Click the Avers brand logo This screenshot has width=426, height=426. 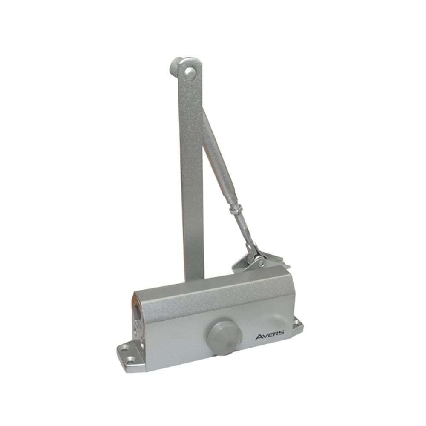270,336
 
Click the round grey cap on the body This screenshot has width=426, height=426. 221,336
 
